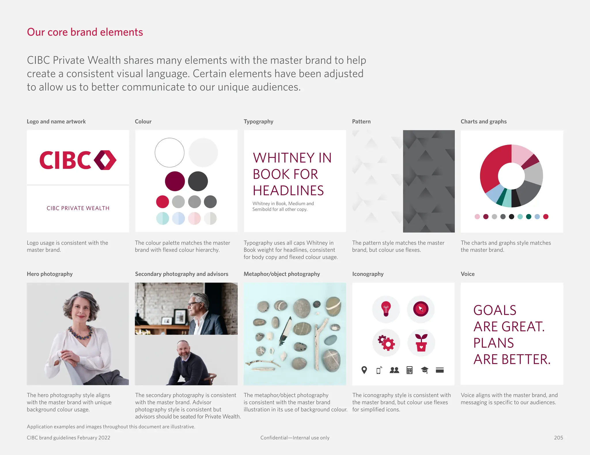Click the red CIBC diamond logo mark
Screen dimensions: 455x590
point(105,160)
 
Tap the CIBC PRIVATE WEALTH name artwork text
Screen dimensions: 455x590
point(78,208)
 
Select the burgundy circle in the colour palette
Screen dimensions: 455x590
point(175,181)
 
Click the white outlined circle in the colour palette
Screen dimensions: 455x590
point(169,152)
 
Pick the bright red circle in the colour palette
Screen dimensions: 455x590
point(162,202)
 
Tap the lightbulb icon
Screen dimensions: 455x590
point(386,309)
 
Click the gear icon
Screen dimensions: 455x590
point(387,343)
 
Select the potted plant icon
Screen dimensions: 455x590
point(421,343)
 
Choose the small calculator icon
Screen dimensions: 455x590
point(409,370)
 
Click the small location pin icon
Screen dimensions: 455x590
point(364,370)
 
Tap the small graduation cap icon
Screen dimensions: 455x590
point(424,370)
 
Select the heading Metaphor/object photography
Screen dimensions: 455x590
point(282,274)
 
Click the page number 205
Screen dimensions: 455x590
point(558,437)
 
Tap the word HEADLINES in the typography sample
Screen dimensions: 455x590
point(288,191)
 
